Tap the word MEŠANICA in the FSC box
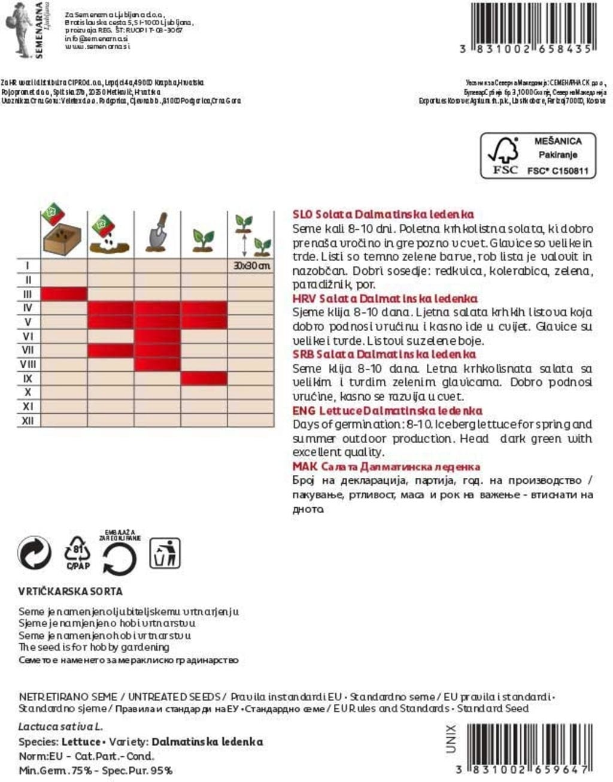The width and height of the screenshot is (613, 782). click(x=557, y=141)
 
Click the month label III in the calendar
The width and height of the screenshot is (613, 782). click(x=28, y=294)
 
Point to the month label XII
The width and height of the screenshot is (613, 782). click(x=28, y=421)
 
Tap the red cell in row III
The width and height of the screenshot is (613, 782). click(x=64, y=294)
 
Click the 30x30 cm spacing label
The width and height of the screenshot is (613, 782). click(x=251, y=266)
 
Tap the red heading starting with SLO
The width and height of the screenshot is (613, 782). click(x=383, y=214)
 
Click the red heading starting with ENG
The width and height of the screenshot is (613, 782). click(x=387, y=411)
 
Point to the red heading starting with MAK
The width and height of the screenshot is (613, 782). click(x=386, y=466)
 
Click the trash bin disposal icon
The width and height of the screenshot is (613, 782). click(x=165, y=553)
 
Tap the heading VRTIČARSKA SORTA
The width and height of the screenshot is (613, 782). click(x=71, y=592)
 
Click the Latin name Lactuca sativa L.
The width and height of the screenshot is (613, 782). click(x=60, y=727)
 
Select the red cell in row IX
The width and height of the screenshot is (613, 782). click(x=204, y=378)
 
